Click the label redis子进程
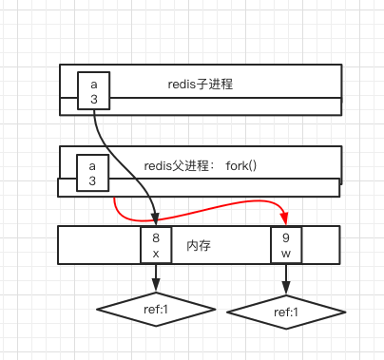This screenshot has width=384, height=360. point(201,85)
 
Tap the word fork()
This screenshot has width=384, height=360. point(241,166)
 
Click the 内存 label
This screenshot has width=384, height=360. point(200,245)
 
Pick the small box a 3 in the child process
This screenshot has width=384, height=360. point(93,90)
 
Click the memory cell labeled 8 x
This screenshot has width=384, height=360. point(156,245)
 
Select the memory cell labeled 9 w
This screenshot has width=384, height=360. point(286,245)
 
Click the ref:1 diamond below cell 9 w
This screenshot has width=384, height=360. point(286,312)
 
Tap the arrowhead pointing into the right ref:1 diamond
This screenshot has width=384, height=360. point(286,290)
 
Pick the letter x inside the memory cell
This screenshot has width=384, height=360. point(156,254)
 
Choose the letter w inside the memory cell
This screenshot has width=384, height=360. point(286,254)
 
